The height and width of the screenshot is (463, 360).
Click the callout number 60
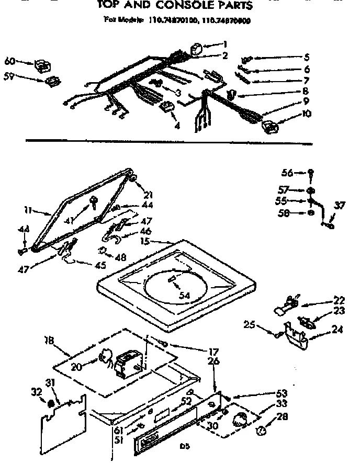[x=9, y=61]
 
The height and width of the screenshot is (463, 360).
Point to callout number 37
[x=340, y=205]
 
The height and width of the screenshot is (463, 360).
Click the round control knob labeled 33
[x=240, y=419]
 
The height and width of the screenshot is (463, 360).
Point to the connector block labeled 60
[x=42, y=66]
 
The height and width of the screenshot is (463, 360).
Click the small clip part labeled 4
[x=166, y=108]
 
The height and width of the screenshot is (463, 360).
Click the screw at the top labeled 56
[x=311, y=172]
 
